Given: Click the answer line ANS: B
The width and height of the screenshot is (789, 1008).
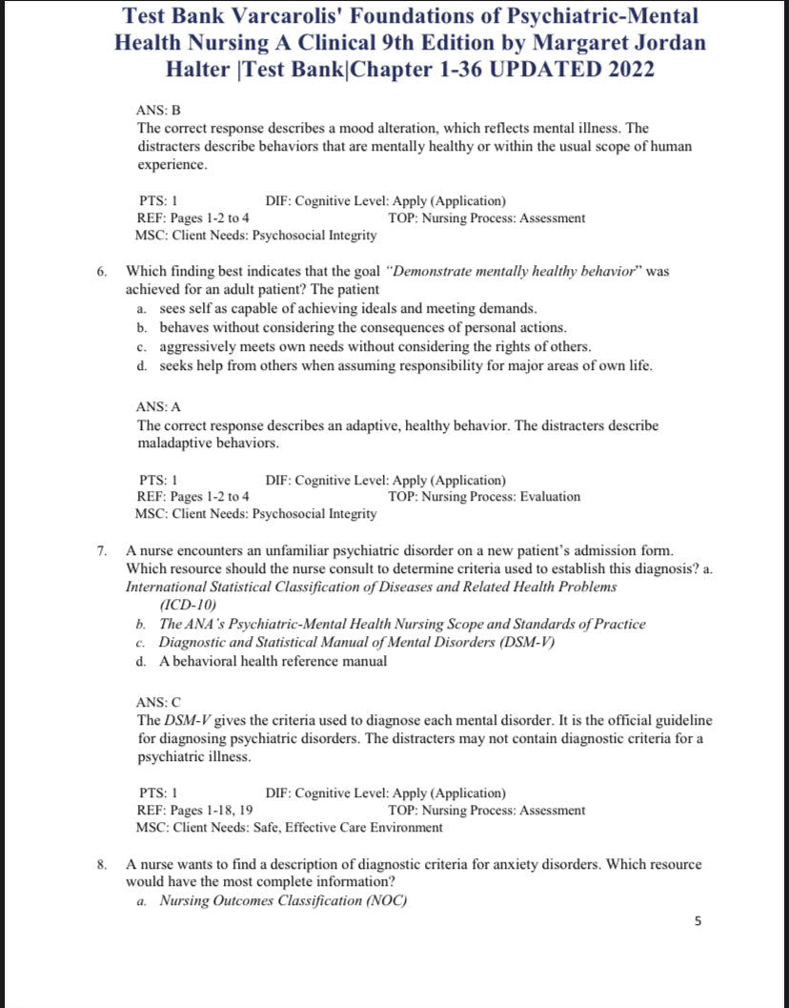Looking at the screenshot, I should click(x=158, y=111).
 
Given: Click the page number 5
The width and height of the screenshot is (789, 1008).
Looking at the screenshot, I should click(x=698, y=921).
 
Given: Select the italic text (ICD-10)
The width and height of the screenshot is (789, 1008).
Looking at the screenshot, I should click(x=189, y=605).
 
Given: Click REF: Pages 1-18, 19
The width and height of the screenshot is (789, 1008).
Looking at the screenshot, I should click(x=195, y=810).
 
